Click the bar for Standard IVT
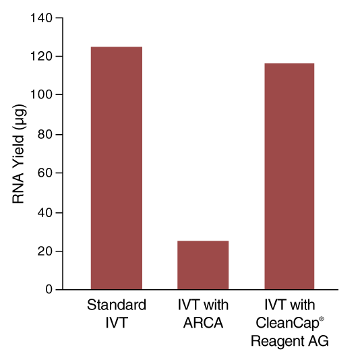(116, 168)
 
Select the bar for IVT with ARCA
(202, 265)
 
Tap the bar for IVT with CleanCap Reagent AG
(289, 176)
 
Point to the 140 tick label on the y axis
(42, 18)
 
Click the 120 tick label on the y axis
(42, 56)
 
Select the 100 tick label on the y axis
(42, 95)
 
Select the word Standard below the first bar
(117, 305)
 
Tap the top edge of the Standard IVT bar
(116, 47)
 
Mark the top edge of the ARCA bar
(202, 241)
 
